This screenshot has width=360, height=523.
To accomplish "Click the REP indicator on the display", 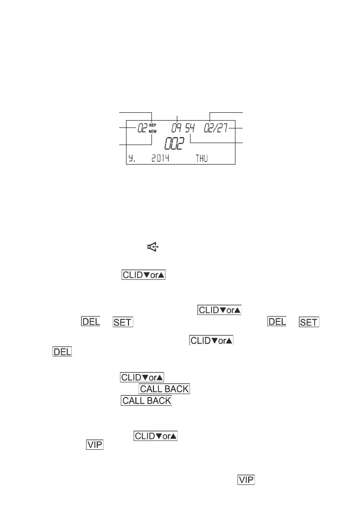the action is click(152, 125).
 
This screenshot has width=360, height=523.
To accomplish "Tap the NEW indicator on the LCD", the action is click(152, 131).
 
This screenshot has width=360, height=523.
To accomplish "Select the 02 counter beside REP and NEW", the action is click(142, 128).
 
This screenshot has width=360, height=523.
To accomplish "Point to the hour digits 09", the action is click(177, 128).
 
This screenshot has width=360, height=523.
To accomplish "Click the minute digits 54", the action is click(190, 128).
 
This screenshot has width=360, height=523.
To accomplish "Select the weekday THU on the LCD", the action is click(201, 159).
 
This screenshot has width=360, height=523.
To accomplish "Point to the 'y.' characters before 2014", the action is click(132, 159).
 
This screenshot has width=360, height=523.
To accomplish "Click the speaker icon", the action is click(152, 248).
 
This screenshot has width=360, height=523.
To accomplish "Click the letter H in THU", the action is click(201, 159).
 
